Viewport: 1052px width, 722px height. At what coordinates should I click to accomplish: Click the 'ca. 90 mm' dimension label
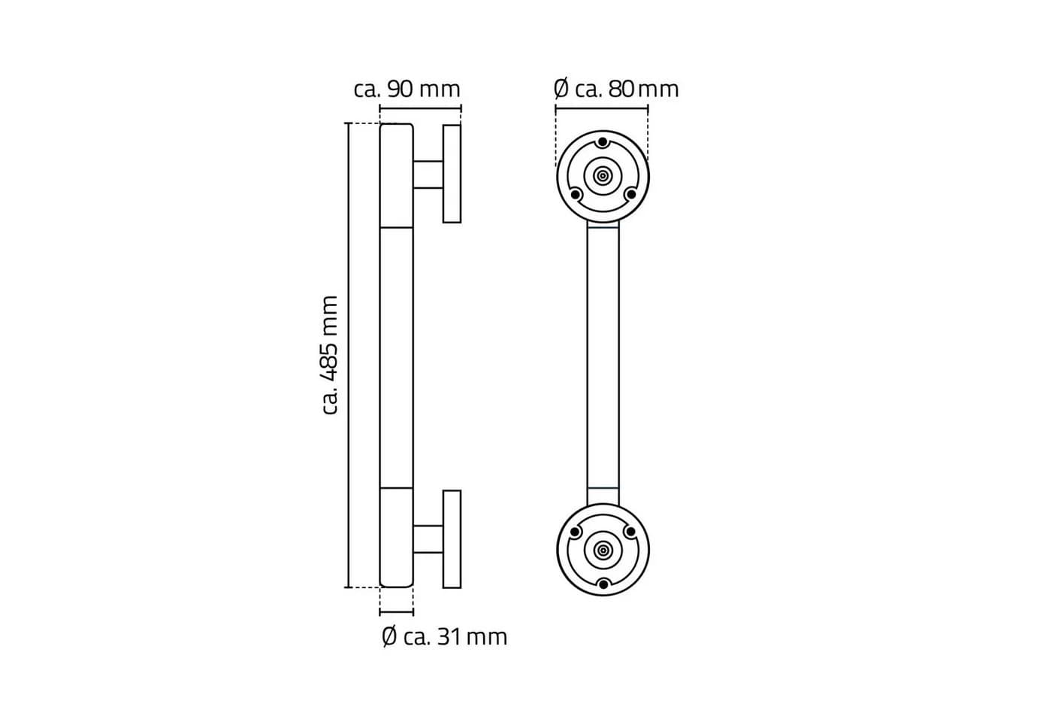[x=407, y=89]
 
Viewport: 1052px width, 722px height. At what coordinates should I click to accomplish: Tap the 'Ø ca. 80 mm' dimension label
[x=616, y=89]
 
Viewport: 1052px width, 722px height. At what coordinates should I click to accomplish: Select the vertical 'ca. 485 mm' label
[x=330, y=355]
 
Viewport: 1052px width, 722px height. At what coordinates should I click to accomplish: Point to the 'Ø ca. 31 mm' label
[x=444, y=637]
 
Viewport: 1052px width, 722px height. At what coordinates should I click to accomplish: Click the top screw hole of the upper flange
[x=603, y=142]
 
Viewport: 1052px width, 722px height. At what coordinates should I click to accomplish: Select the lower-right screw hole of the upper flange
[x=630, y=194]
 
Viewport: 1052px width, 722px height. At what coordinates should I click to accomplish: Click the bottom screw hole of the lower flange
[x=603, y=584]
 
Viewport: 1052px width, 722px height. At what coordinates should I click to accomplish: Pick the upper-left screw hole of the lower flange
[x=575, y=532]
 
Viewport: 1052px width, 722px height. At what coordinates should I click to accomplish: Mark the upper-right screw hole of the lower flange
[x=630, y=532]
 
